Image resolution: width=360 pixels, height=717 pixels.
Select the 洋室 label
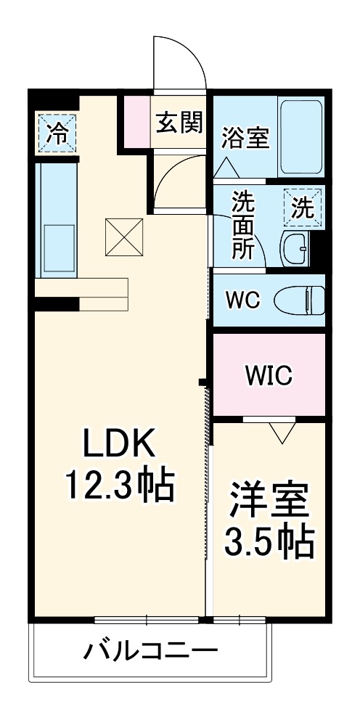[x=269, y=501]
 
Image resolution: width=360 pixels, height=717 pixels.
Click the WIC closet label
[x=268, y=375]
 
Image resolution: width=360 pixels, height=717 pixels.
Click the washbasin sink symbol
[x=295, y=249]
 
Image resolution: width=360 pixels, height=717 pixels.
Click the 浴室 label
[x=245, y=137]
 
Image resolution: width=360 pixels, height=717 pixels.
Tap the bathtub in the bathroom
[x=300, y=136]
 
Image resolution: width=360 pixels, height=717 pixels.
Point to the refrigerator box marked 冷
[x=56, y=132]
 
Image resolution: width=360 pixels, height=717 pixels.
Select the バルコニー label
[x=150, y=650]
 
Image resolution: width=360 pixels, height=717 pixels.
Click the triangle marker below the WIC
[x=282, y=433]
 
